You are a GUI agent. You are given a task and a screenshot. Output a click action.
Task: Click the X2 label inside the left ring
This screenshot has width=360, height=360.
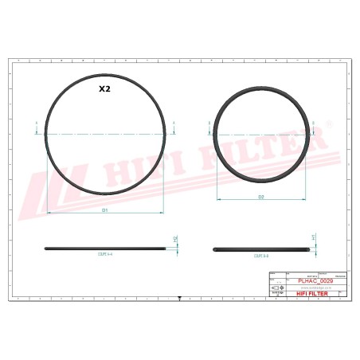coord(104,90)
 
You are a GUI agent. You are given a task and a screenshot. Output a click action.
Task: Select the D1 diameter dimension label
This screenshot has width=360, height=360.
coord(105,210)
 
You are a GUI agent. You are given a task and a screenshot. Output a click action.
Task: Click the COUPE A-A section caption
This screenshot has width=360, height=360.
coord(105,256)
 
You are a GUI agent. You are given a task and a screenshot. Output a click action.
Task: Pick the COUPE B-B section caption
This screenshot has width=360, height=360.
coord(260,256)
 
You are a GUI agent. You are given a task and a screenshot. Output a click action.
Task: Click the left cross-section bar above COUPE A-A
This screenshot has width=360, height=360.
coord(105,248)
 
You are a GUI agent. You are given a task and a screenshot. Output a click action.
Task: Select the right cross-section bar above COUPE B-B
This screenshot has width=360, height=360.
coord(260,248)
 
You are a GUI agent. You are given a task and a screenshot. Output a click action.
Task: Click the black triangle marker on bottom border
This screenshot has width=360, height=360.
coord(180,298)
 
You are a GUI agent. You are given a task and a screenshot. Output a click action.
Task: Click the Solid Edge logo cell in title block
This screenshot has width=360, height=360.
coord(276,292)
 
